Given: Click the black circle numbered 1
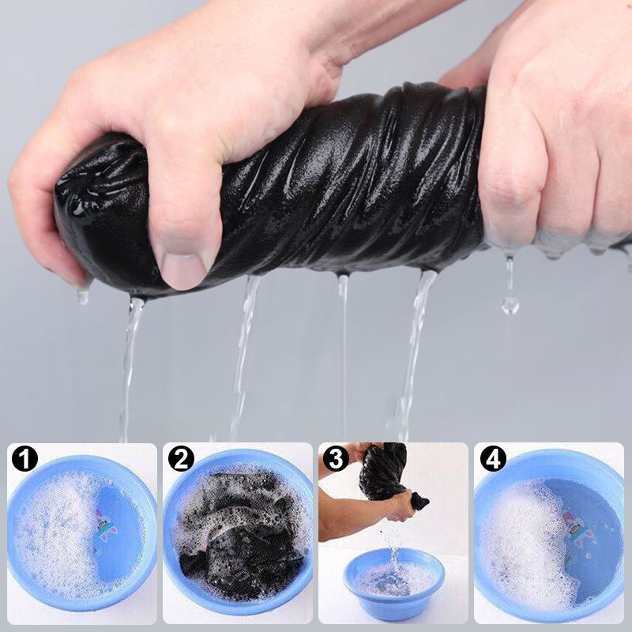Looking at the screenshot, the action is point(24,459).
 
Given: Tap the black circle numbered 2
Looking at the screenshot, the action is point(181,459).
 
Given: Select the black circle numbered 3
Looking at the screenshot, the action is point(336,459).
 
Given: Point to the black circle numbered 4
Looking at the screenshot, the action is point(493,459).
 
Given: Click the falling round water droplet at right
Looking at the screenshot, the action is point(510,305).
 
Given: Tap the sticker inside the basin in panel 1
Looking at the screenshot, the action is point(105,525).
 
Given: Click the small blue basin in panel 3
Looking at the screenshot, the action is point(393,581).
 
